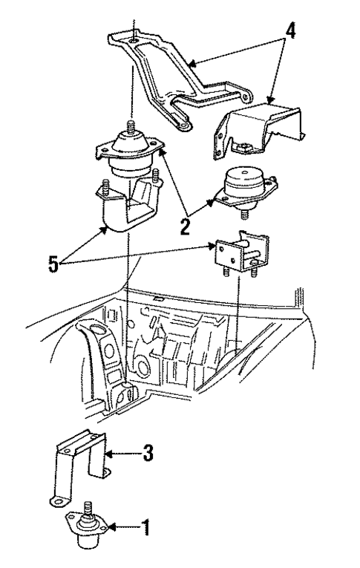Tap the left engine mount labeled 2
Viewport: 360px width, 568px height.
click(128, 157)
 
